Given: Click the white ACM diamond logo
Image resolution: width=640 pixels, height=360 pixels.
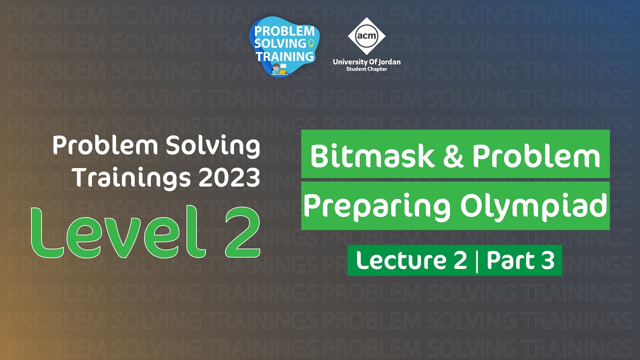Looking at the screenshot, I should [366, 36].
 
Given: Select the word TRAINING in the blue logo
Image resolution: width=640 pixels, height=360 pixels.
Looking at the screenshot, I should [284, 55].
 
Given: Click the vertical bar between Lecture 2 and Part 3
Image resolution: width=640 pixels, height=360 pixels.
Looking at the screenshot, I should [476, 261].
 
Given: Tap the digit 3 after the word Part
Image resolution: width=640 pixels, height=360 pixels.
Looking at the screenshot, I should [547, 260].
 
